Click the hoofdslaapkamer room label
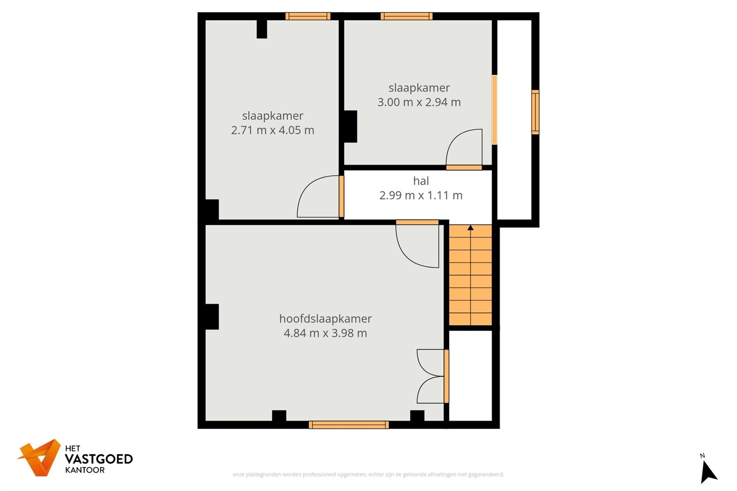pyautogui.click(x=325, y=319)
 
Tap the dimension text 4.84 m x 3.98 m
pyautogui.click(x=325, y=333)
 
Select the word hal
pyautogui.click(x=421, y=181)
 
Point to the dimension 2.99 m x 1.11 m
pyautogui.click(x=421, y=195)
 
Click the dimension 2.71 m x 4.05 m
pyautogui.click(x=272, y=130)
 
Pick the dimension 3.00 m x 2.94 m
pyautogui.click(x=419, y=102)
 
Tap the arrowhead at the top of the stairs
pyautogui.click(x=471, y=228)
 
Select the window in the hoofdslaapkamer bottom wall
pyautogui.click(x=349, y=425)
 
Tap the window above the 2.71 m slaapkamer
pyautogui.click(x=308, y=16)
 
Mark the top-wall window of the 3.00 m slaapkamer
pyautogui.click(x=406, y=16)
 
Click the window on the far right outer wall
pyautogui.click(x=535, y=112)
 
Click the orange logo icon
pyautogui.click(x=40, y=457)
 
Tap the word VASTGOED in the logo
pyautogui.click(x=99, y=459)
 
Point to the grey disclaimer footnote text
pyautogui.click(x=368, y=474)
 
